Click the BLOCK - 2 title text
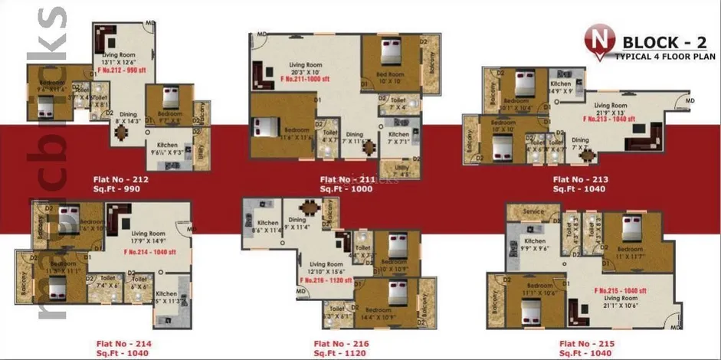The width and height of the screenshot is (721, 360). click(x=659, y=41)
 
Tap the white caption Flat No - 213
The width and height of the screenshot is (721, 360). click(x=580, y=180)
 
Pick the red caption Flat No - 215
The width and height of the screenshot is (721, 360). click(x=585, y=345)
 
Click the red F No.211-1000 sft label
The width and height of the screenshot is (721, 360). click(x=305, y=78)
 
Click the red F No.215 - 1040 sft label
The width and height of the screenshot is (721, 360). click(x=621, y=291)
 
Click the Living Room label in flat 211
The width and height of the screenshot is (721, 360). click(x=306, y=64)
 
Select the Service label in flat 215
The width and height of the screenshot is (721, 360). click(x=533, y=211)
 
